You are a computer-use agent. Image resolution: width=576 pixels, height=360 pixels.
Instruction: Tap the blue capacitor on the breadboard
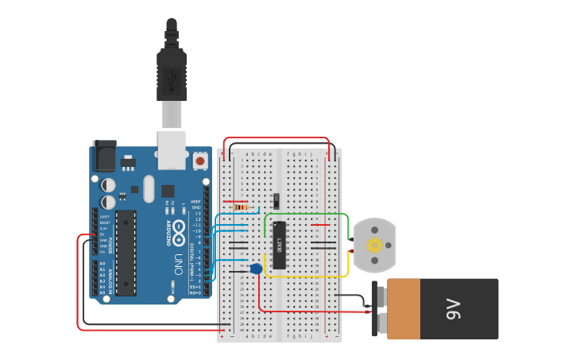click(x=256, y=269)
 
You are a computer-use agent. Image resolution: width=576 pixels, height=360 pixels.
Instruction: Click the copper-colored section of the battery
click(x=403, y=309)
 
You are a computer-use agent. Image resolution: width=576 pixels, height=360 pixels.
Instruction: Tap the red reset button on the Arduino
click(x=199, y=161)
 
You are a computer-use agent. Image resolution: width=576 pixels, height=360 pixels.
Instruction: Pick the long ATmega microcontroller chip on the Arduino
click(x=126, y=253)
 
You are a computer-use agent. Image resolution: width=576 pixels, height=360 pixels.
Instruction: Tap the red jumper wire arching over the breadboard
click(x=278, y=139)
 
